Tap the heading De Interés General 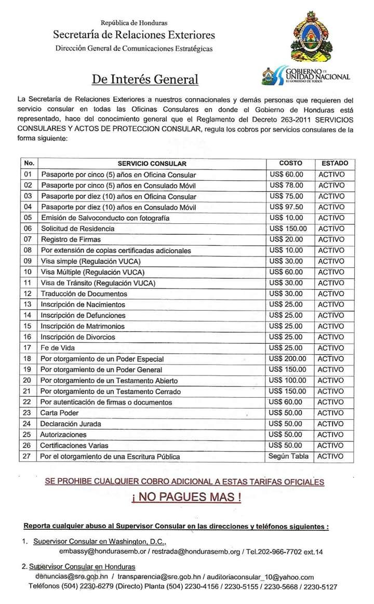pos(145,79)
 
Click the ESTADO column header pos(334,163)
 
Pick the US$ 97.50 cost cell pos(286,207)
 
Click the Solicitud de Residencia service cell pos(78,229)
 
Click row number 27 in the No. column pos(28,457)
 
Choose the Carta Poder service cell pos(60,413)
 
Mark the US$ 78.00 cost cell pos(286,185)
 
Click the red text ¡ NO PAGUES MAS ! pos(186,497)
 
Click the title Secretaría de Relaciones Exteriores pos(133,35)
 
